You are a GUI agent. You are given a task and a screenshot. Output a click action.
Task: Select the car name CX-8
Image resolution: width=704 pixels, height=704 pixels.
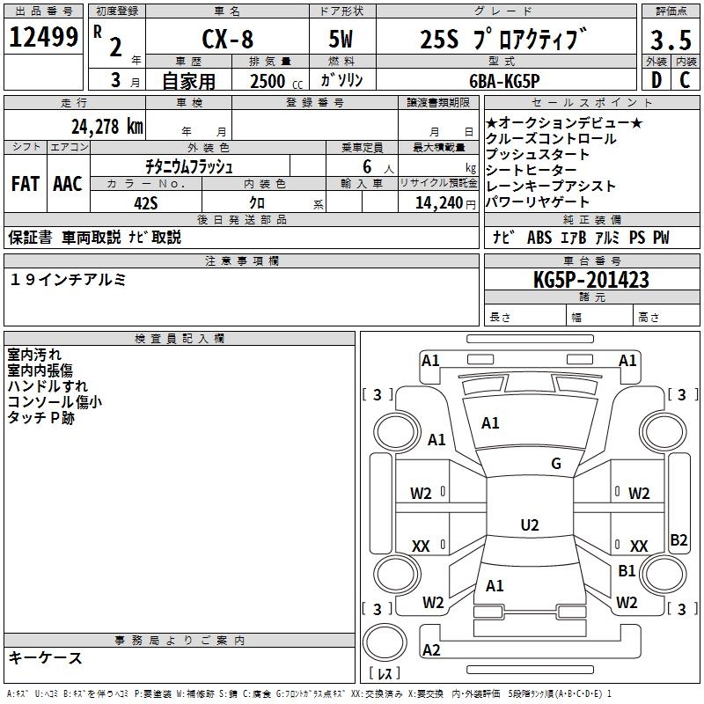pos(229,39)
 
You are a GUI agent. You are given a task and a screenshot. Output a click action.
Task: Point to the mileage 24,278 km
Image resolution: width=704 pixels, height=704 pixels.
pos(107,127)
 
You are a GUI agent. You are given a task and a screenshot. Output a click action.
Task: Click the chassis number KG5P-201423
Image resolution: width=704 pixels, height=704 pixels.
pos(590,280)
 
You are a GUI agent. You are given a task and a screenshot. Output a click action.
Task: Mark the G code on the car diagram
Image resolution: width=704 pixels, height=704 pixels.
pos(556,464)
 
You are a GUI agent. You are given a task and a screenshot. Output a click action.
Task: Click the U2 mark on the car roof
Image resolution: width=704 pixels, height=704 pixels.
pos(529,525)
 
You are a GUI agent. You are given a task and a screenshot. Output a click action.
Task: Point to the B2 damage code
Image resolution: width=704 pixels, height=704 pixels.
pos(678,540)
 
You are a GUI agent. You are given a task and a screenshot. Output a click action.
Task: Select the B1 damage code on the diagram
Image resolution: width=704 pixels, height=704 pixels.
pos(627,571)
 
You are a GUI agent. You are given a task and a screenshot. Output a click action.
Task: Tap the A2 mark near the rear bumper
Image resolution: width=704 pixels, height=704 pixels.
pos(431,649)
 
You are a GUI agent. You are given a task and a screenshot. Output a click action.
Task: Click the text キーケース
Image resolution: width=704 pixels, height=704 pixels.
pos(46,657)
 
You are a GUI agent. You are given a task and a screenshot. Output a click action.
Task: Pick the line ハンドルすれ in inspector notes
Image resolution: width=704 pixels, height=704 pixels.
pos(48,386)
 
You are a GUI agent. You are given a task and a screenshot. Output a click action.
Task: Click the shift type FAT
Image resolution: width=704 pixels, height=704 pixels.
pos(26,184)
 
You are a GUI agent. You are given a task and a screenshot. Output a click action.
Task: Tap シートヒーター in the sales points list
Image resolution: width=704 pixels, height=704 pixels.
pos(532,171)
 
